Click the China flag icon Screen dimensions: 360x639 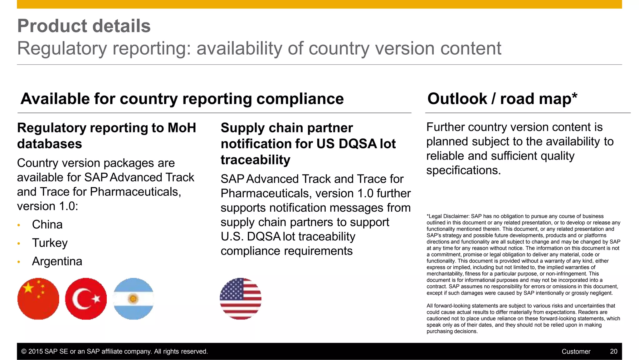[38, 299]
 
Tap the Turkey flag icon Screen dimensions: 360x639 [86, 299]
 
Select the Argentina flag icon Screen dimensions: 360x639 [133, 299]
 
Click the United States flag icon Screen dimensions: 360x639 [240, 299]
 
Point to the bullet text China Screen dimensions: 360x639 [47, 225]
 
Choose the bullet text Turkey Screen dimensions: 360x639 [50, 243]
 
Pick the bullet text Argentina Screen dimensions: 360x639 [57, 261]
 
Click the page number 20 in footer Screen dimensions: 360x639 [613, 352]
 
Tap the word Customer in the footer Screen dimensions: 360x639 [576, 352]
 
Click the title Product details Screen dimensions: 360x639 [84, 26]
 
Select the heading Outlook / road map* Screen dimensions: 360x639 [502, 99]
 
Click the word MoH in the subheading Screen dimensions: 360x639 [182, 128]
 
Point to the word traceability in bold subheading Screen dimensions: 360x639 [255, 160]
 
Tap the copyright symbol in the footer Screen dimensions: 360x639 [24, 352]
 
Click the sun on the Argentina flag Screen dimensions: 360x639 [133, 299]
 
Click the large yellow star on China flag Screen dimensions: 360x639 [28, 288]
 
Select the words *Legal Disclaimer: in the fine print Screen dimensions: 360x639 [448, 216]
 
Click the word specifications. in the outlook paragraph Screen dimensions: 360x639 [463, 170]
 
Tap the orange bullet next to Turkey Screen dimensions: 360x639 [19, 244]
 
